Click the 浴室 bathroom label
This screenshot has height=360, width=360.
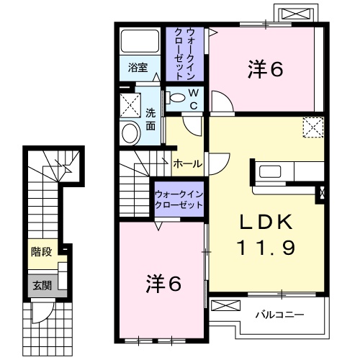pos(138,68)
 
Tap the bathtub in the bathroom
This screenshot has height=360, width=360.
pos(139,42)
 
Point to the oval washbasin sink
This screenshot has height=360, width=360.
pos(130,133)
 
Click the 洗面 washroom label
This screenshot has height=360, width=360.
pos(150,119)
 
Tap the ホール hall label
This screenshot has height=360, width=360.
pos(187,164)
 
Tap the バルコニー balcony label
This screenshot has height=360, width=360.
pos(279,315)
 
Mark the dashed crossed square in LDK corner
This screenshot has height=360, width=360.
pos(312,127)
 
